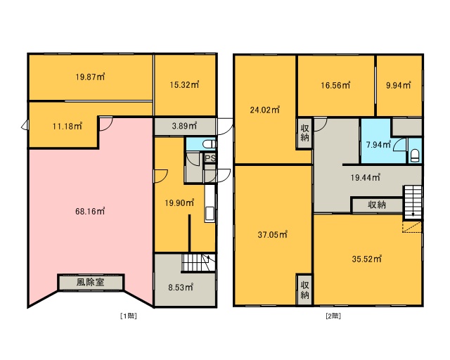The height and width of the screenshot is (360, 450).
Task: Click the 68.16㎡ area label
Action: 90,212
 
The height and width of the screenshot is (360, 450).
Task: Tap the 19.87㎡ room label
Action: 90,77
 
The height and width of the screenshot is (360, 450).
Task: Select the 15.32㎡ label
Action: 184,84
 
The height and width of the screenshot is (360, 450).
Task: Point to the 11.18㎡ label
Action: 67,126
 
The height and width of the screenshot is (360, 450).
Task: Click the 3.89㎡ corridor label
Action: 184,125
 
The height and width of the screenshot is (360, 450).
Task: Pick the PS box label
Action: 210,158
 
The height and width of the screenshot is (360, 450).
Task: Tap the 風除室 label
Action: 90,282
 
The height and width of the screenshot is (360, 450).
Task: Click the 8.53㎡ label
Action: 181,287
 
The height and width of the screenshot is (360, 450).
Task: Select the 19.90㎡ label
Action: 179,203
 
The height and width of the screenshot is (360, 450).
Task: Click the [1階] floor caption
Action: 128,316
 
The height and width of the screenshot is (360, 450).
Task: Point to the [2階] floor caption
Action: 333,316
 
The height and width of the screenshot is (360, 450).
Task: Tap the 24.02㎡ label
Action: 265,110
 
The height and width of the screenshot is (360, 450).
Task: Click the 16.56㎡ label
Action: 335,85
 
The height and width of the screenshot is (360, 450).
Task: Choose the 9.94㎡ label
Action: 399,85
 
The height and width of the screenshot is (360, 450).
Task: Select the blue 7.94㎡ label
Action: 378,144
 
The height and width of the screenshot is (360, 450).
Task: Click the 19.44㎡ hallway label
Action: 366,177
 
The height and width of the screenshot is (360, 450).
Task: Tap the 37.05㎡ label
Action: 273,235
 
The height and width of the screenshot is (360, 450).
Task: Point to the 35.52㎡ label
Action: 367,259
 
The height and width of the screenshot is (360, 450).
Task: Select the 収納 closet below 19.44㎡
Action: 377,205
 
